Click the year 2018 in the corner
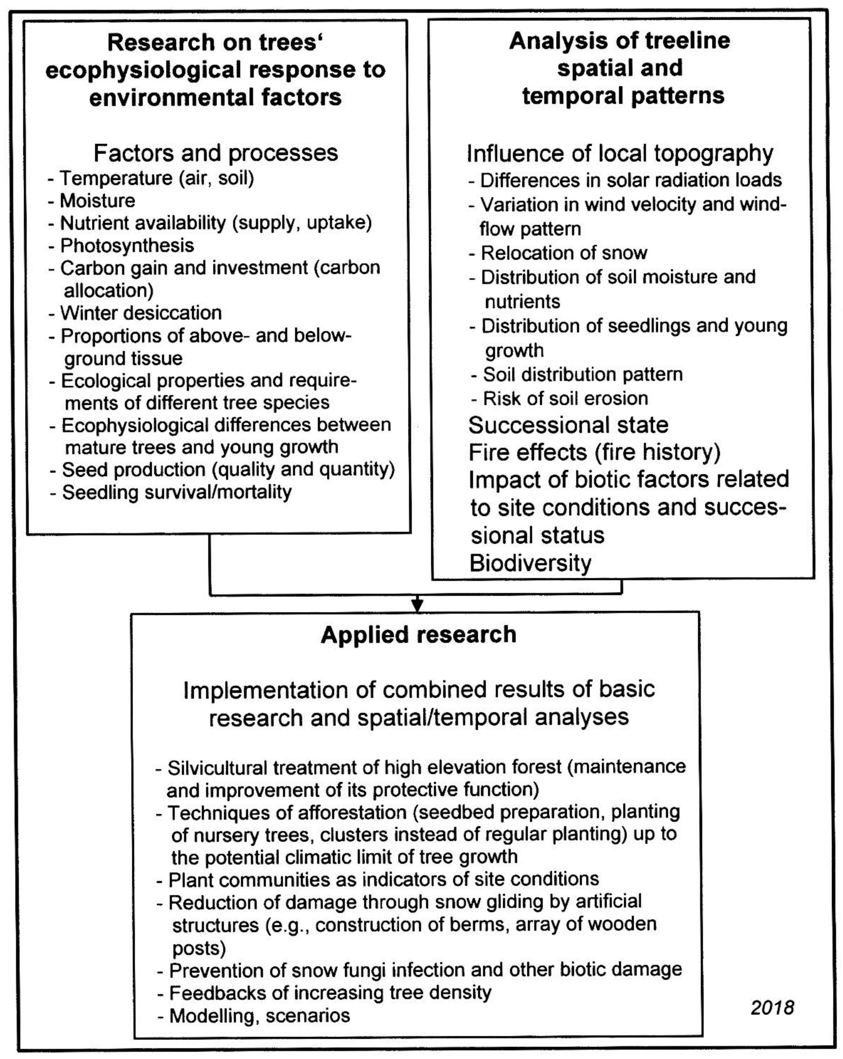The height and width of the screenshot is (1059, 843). pos(772,1007)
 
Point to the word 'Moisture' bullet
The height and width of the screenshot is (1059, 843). pos(97,201)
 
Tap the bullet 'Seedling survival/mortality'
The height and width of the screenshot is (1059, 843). pos(176,492)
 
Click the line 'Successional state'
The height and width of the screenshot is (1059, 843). pos(568,425)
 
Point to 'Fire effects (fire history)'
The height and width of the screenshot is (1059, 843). pos(594,452)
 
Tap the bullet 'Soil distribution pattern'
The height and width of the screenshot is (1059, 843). pos(583,374)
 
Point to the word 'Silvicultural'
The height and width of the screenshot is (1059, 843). pos(217,768)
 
